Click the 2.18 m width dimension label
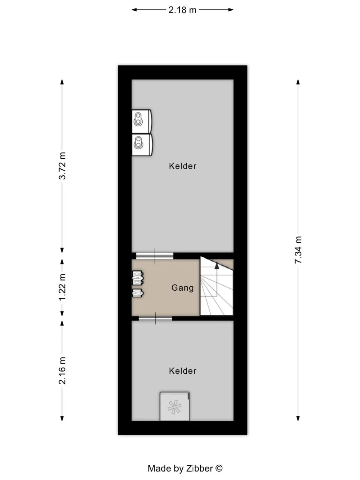(183, 10)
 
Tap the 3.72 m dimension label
(62, 166)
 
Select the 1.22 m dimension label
(62, 287)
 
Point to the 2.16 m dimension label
(62, 370)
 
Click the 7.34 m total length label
(298, 250)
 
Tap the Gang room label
(183, 288)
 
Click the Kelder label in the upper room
(183, 166)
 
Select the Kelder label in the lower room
(183, 371)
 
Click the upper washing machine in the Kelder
(141, 121)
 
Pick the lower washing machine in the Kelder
(142, 144)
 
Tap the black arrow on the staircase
(217, 266)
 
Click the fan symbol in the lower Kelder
(175, 407)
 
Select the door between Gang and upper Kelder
(155, 256)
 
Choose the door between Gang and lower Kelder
(155, 318)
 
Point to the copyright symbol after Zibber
(219, 468)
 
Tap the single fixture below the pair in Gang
(138, 293)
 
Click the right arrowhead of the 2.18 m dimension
(231, 10)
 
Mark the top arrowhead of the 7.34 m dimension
(298, 82)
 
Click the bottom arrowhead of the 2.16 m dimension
(62, 418)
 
